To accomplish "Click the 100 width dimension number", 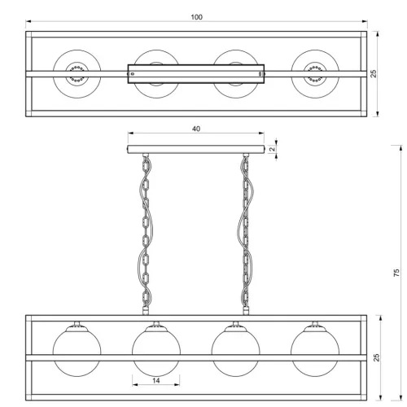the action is tap(196, 17).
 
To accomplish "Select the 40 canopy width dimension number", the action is tap(196, 129).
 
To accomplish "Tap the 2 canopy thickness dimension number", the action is tap(273, 149).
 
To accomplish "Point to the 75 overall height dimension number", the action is tap(396, 273).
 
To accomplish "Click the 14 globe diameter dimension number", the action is tap(156, 381).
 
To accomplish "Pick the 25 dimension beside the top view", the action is tap(374, 73).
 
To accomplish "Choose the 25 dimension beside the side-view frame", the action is tap(377, 357).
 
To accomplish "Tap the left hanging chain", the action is tap(146, 234).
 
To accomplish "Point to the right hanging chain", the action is tap(246, 234).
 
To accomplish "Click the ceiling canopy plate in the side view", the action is tap(196, 149).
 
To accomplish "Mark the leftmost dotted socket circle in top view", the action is tap(77, 74).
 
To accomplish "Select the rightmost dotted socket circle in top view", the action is tap(315, 74).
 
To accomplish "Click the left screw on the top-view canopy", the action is tap(133, 74).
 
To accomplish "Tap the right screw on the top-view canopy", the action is tap(260, 74).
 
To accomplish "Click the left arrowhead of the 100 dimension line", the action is tap(28, 21).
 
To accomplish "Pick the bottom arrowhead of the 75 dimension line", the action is tap(400, 397).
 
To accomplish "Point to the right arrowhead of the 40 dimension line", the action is tap(261, 133).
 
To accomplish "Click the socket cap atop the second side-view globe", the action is tap(156, 328).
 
